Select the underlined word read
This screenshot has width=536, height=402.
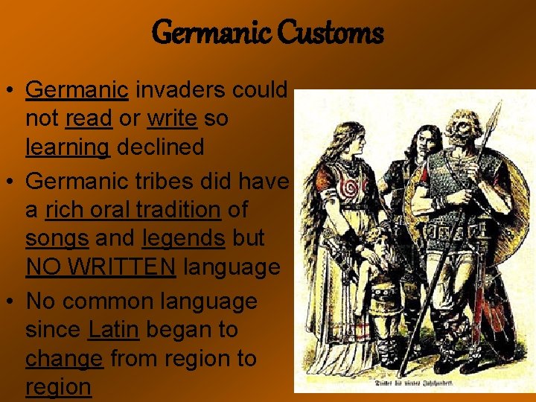(88, 118)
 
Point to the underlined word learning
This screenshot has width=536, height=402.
(68, 147)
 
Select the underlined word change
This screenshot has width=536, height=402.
(64, 358)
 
